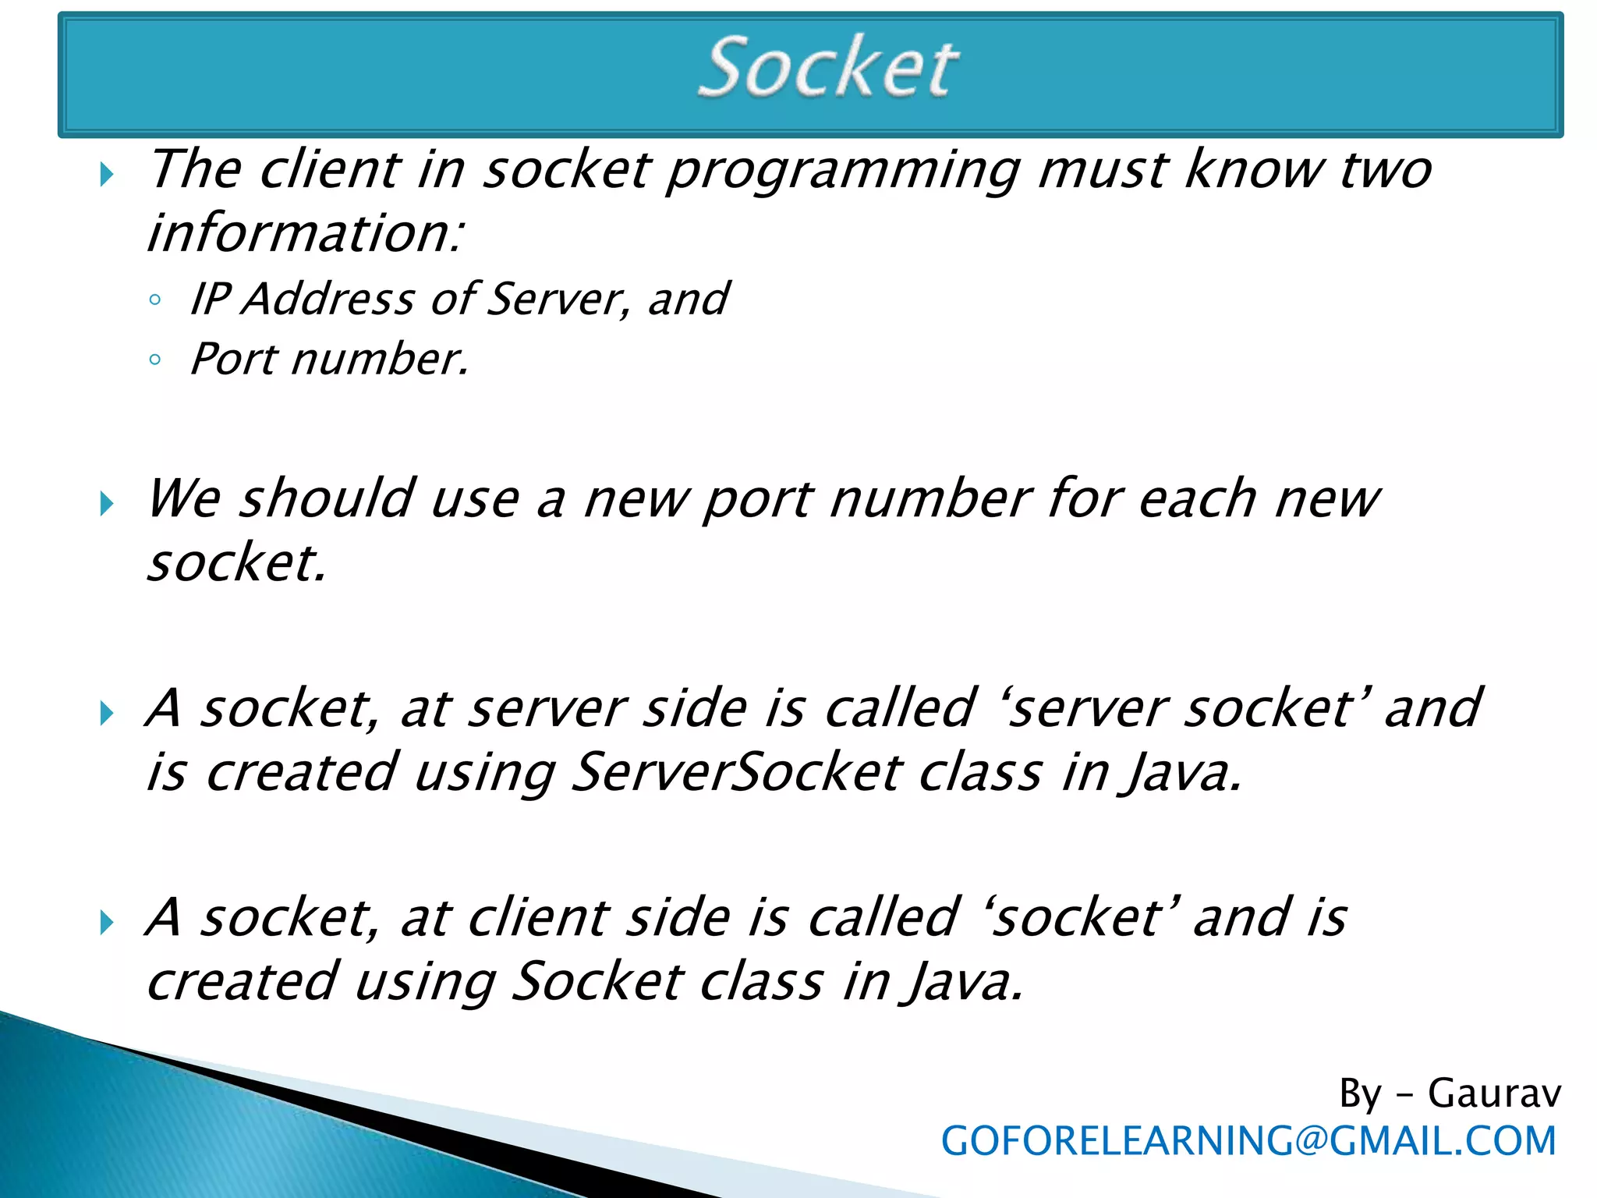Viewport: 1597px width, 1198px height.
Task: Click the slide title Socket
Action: (x=828, y=69)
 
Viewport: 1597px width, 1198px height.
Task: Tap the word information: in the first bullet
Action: (x=306, y=234)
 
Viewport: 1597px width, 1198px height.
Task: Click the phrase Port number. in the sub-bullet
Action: (x=330, y=360)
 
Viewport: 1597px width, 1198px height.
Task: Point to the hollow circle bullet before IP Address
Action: (x=154, y=300)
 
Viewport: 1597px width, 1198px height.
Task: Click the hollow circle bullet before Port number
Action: (x=154, y=360)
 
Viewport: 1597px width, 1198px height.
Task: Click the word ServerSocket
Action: (x=738, y=773)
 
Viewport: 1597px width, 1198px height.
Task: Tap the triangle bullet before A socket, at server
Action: (x=107, y=713)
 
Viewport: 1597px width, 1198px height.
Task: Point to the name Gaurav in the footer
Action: (x=1493, y=1093)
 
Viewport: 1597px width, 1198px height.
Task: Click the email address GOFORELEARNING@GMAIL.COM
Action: (x=1248, y=1141)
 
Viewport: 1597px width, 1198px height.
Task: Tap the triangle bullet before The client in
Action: (x=107, y=174)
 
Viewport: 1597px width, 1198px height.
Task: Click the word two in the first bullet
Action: (x=1385, y=170)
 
